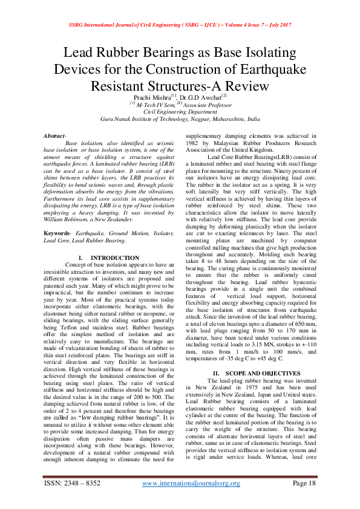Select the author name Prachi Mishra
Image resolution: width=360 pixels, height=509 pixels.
point(153,97)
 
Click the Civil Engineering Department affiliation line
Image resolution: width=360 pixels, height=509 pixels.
point(180,112)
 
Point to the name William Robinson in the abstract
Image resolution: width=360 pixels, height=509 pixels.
point(65,221)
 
